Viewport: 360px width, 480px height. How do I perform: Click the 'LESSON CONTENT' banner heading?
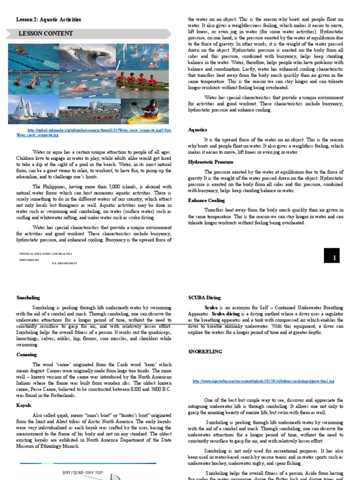point(45,34)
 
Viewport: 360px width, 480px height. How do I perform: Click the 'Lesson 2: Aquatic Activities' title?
point(49,20)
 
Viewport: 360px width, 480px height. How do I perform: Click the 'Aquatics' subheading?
point(197,130)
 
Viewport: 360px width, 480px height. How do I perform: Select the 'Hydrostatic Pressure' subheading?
point(210,162)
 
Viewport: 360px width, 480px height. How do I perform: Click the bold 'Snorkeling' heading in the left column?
point(28,298)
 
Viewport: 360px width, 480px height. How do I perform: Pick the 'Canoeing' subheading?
point(27,355)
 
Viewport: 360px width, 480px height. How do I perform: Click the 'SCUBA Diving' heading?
point(204,298)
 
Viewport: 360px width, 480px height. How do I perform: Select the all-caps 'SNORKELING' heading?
point(206,351)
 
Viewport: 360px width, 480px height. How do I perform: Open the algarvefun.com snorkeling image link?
point(263,382)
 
